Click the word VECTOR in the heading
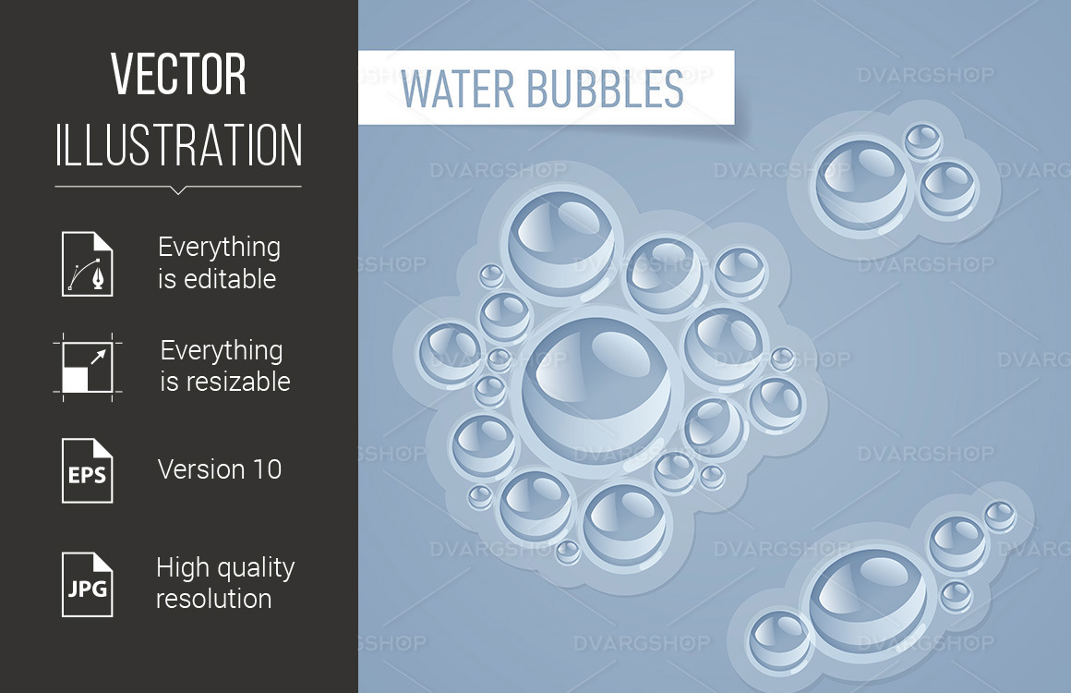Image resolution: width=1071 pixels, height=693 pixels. click(x=178, y=75)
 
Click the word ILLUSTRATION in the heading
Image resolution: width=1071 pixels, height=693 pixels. click(x=178, y=145)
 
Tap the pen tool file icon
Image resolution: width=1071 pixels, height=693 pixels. click(x=88, y=263)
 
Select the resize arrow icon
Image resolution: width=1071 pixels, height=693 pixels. click(x=87, y=366)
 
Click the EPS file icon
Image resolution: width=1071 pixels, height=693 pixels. click(x=88, y=470)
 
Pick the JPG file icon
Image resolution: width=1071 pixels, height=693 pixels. click(x=88, y=585)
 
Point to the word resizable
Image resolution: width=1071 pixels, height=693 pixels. click(x=225, y=382)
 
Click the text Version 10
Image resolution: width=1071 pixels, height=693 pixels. click(x=220, y=469)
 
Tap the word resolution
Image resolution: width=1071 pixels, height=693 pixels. click(x=213, y=599)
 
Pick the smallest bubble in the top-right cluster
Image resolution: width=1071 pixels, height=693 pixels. click(x=922, y=141)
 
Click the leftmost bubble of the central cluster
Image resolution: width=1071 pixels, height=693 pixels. click(x=450, y=352)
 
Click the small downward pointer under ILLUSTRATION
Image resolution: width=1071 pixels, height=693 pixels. click(x=178, y=190)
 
